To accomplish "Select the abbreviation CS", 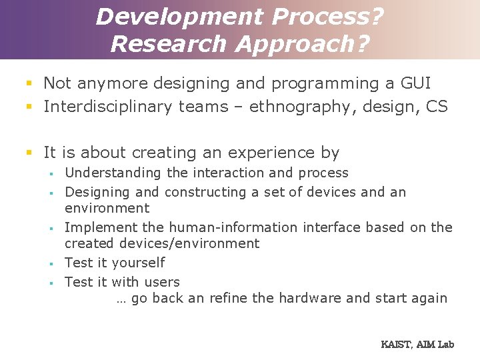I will click(437, 107).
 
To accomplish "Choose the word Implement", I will click(97, 227).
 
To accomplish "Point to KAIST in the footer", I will click(396, 345).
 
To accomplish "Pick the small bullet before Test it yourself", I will click(50, 263).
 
